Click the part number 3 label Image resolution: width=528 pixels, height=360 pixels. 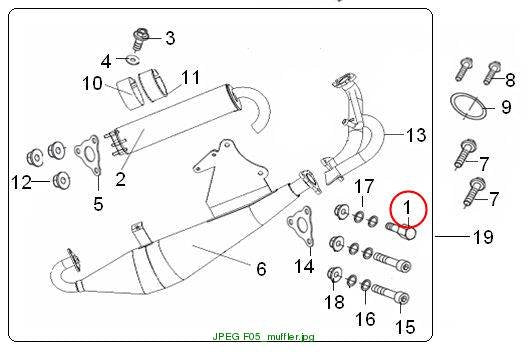[x=170, y=38]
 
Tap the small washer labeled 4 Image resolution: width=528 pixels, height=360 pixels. [x=133, y=60]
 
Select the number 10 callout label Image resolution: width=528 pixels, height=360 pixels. [x=92, y=83]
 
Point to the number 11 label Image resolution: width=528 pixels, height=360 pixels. [x=190, y=77]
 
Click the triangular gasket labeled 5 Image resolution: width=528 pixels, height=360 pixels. [x=87, y=156]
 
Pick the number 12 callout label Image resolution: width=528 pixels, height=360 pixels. [x=21, y=182]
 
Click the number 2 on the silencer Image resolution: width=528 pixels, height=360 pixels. [x=120, y=179]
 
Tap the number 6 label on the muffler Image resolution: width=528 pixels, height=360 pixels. [x=261, y=269]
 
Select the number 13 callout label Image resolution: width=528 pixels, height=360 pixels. [x=416, y=135]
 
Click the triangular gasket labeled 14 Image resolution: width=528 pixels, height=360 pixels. [x=300, y=227]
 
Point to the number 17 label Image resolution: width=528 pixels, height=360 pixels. [x=364, y=186]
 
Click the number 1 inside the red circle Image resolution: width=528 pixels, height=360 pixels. [x=407, y=207]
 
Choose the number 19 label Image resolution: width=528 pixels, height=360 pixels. [x=483, y=237]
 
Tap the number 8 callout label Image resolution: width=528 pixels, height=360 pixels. [x=510, y=80]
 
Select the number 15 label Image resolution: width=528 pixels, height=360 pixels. [x=405, y=327]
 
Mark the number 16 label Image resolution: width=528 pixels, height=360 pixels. [x=365, y=319]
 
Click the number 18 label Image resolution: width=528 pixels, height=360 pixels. [x=334, y=302]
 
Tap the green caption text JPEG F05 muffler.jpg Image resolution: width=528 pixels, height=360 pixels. [x=264, y=336]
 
